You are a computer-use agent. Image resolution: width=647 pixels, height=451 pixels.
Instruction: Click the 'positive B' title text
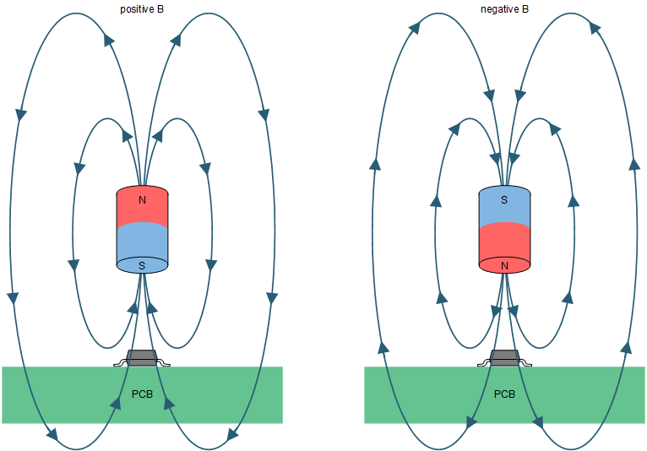[x=142, y=9]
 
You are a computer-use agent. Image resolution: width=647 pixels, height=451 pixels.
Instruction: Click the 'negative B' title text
[x=504, y=9]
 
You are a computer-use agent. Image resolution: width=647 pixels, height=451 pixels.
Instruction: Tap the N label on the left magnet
[x=142, y=200]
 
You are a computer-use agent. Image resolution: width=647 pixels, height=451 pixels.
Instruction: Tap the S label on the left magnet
[x=142, y=265]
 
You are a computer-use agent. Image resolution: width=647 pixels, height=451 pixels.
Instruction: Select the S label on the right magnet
[x=504, y=200]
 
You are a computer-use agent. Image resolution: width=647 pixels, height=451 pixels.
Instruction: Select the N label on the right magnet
[x=504, y=265]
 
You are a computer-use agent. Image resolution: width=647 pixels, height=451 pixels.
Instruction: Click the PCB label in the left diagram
[x=142, y=394]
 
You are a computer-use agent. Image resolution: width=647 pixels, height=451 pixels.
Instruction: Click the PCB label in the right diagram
[x=504, y=394]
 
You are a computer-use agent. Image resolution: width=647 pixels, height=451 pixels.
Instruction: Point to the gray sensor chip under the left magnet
[x=142, y=357]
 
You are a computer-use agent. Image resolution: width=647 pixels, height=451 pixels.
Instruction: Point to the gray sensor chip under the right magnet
[x=504, y=357]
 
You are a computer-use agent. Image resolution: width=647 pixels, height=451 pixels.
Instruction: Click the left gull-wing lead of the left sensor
[x=120, y=364]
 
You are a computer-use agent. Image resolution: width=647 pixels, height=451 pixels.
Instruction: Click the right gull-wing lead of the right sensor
[x=525, y=364]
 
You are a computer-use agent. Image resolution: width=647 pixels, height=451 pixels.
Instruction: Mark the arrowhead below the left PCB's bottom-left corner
[x=52, y=437]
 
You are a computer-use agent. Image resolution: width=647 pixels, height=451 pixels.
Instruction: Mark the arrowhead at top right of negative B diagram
[x=594, y=28]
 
